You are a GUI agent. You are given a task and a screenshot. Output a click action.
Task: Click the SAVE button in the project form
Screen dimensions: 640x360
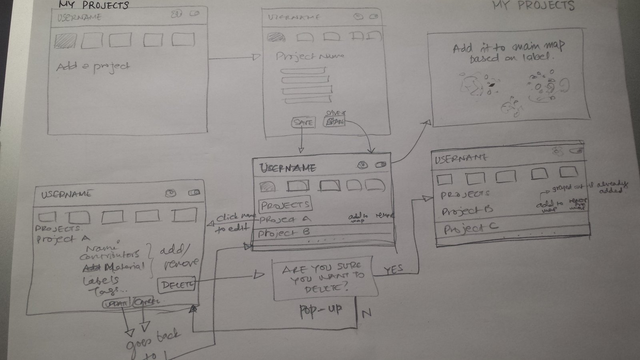pos(303,122)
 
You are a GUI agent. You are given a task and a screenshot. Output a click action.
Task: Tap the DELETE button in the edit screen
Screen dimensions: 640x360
pos(177,285)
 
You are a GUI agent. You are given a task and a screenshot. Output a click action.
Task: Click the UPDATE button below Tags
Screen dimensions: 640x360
pos(117,303)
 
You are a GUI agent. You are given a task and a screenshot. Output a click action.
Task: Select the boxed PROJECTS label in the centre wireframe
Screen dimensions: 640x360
pos(285,205)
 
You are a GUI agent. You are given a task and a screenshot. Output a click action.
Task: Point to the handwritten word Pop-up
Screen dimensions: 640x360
pos(321,311)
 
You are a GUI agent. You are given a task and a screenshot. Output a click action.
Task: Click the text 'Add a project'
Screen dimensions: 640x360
pos(93,66)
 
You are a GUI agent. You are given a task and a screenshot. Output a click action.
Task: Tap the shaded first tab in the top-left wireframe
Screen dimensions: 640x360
pos(66,41)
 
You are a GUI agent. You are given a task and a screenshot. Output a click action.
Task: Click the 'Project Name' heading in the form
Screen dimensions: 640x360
pos(310,56)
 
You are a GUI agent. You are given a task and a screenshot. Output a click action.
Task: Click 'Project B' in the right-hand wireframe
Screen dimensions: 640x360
pos(467,210)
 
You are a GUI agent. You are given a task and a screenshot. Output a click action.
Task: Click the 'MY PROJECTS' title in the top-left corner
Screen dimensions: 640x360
pos(94,5)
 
